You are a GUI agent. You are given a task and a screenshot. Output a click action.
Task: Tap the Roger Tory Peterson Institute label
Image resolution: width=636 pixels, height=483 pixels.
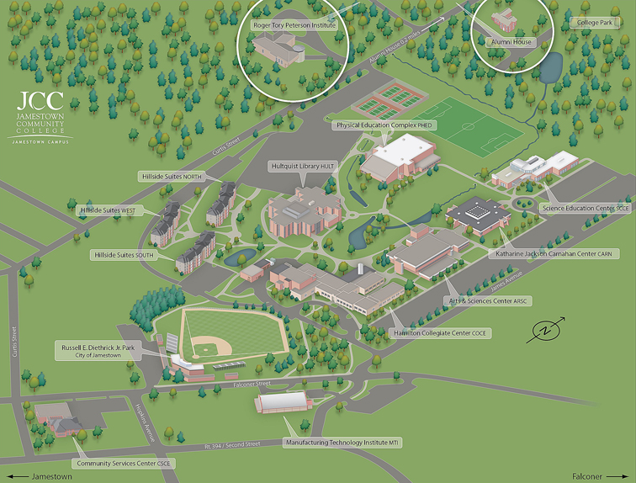coord(294,25)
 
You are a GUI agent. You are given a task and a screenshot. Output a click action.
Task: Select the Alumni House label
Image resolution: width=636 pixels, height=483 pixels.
coord(511,40)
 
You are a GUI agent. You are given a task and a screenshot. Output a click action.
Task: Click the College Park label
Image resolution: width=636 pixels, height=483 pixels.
coord(595,23)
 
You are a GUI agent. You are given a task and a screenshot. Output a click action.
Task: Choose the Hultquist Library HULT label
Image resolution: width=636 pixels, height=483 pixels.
coord(303,166)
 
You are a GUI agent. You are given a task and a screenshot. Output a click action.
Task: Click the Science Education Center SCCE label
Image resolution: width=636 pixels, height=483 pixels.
coord(586,208)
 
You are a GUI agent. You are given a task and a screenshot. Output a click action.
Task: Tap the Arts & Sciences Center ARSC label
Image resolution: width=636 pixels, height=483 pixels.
coord(488,300)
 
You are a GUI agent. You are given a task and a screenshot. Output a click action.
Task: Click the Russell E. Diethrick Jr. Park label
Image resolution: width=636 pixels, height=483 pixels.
coord(99,351)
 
